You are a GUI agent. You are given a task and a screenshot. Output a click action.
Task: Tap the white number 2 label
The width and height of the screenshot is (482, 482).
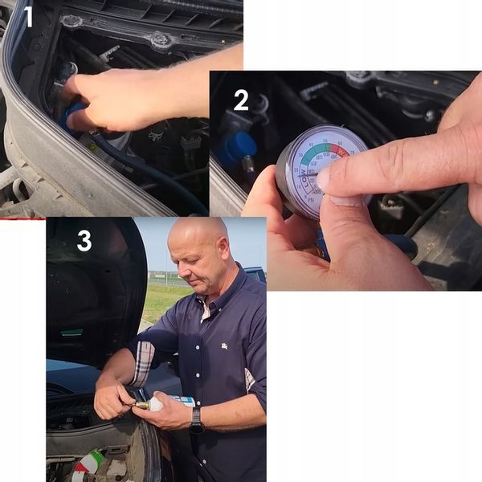pos(240,101)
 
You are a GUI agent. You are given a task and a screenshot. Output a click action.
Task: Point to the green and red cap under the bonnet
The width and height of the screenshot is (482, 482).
pos(89,462)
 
